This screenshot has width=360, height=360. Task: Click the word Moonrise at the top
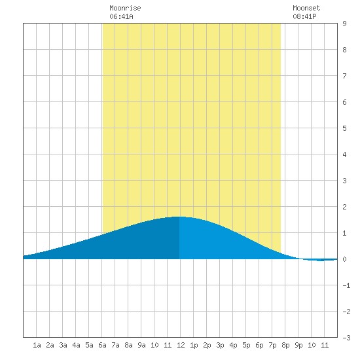click(x=125, y=8)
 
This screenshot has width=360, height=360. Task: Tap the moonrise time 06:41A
click(x=121, y=16)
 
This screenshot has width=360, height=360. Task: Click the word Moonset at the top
click(x=306, y=8)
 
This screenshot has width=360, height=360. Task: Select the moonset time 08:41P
click(x=304, y=16)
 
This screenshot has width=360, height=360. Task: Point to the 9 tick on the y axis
click(x=344, y=24)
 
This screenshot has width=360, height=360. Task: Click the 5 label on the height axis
click(x=344, y=128)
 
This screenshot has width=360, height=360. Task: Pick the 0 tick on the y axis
click(x=344, y=259)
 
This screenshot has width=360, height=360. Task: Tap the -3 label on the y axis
click(x=346, y=338)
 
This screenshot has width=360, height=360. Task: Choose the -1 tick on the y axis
click(x=346, y=285)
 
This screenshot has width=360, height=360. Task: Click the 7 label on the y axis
click(x=344, y=76)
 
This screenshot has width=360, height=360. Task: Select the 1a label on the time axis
click(x=37, y=345)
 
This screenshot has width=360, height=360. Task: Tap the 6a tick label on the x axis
click(x=102, y=345)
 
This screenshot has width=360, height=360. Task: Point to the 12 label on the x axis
click(x=181, y=345)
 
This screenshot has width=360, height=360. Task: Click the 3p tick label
click(x=220, y=345)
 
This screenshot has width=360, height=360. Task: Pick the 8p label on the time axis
click(x=285, y=345)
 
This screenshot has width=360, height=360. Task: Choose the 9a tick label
click(x=141, y=345)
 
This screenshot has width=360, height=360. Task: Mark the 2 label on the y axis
click(x=344, y=207)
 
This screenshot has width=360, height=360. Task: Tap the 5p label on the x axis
click(x=246, y=345)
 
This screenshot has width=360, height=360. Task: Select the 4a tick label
click(x=76, y=345)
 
